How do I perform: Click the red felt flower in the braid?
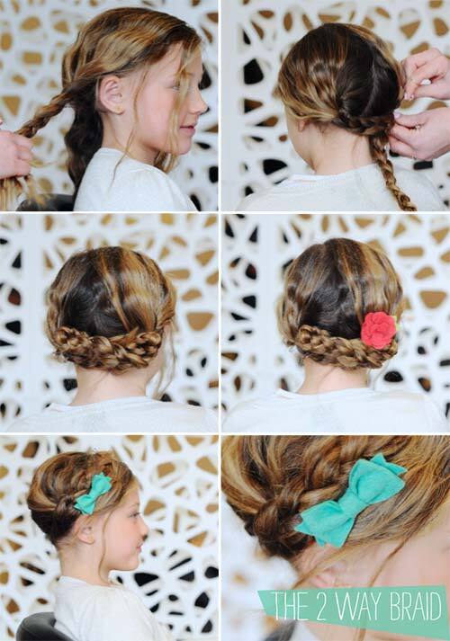tap(378, 330)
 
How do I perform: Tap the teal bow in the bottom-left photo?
tap(92, 494)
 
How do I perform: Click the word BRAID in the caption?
tap(415, 606)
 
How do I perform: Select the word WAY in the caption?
tap(351, 606)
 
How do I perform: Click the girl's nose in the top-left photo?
tap(201, 104)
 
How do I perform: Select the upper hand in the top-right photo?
tap(426, 75)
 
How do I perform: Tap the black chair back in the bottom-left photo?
tap(37, 628)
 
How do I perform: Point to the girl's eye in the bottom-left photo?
tap(132, 516)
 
